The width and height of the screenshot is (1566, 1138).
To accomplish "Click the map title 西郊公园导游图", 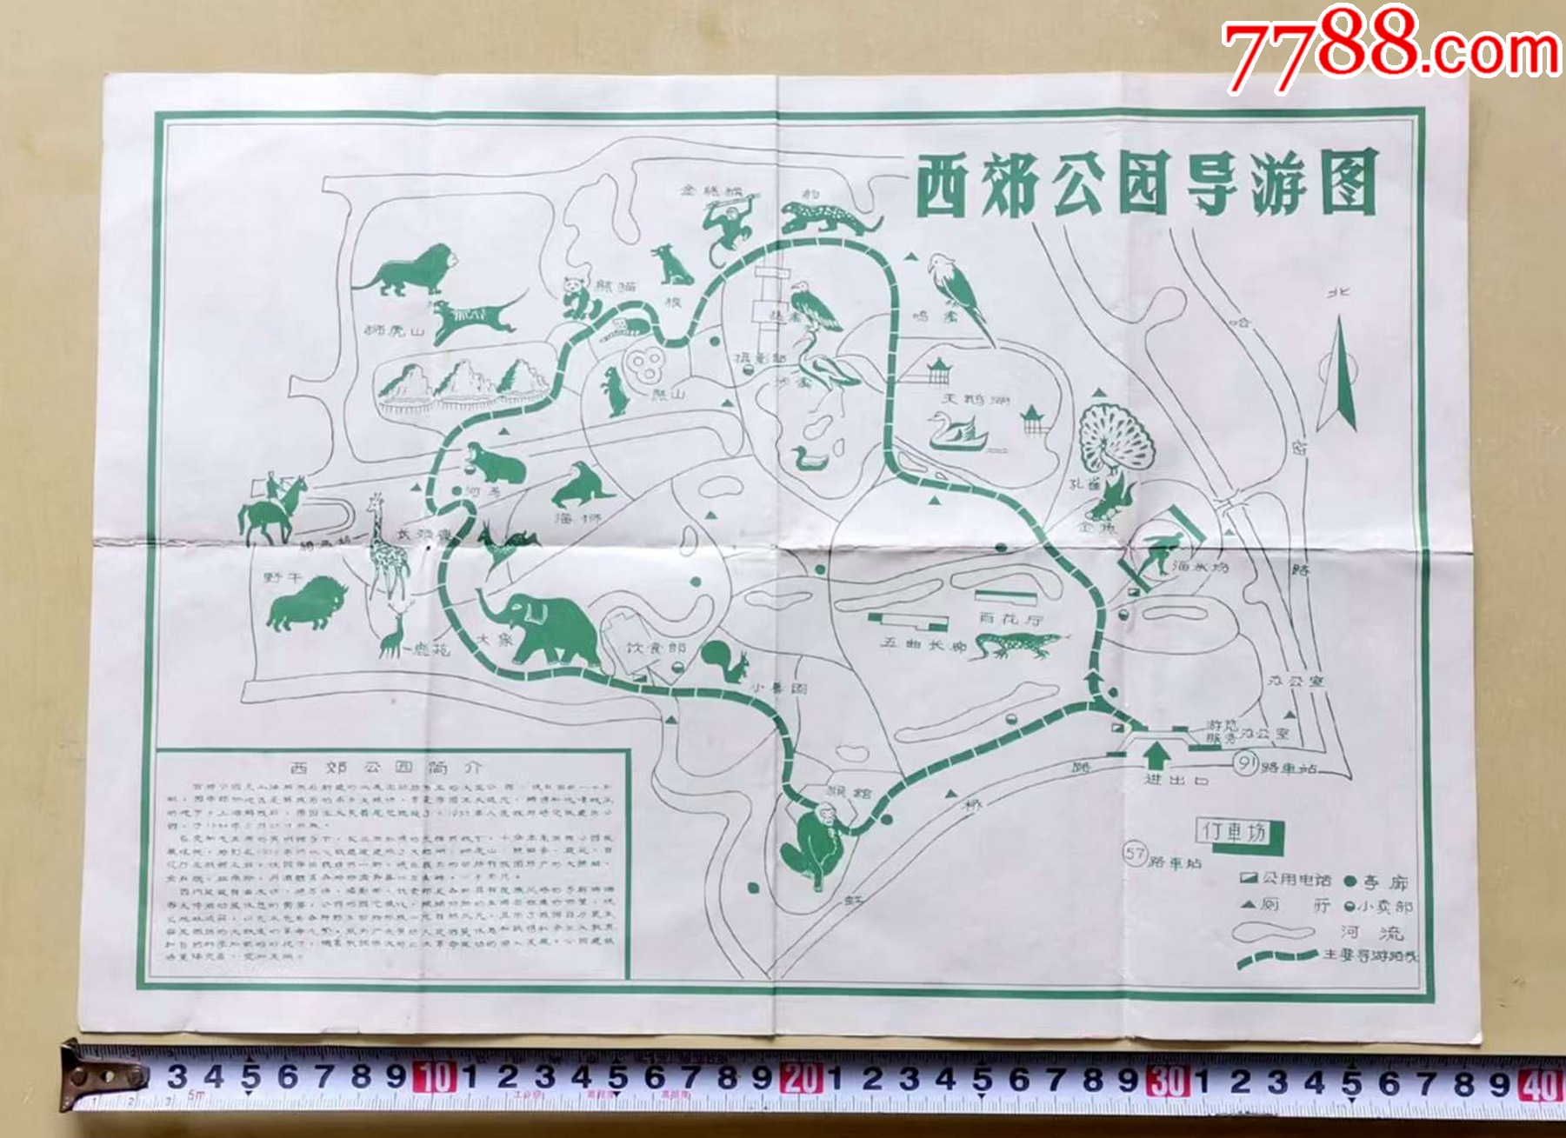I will pos(1146,184).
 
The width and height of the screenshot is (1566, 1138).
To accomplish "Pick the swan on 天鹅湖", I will pos(957,431).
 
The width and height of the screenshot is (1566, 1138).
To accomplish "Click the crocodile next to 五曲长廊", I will pos(1017,645).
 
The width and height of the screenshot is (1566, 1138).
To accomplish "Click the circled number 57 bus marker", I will pos(1135,853).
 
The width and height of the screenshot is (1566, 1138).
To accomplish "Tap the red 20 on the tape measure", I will pos(801,1079).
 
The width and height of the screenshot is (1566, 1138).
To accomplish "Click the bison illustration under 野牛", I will pos(305,604).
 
